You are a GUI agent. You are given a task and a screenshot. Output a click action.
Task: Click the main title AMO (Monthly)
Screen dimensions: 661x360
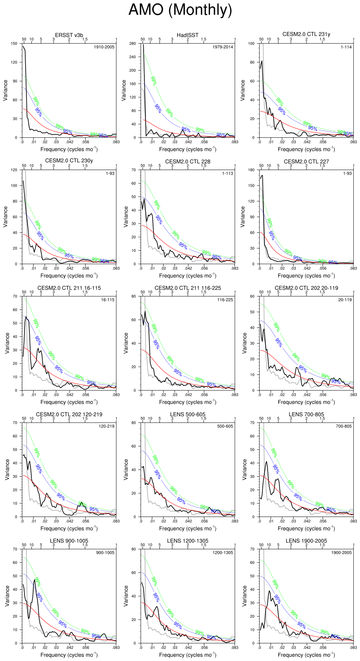(x=180, y=10)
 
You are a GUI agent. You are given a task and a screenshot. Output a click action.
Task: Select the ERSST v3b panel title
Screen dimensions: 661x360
(x=69, y=35)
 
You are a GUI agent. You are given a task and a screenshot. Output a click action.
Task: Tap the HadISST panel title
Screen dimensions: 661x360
(x=187, y=35)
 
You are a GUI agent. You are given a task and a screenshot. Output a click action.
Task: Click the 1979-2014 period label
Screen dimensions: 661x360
(x=222, y=47)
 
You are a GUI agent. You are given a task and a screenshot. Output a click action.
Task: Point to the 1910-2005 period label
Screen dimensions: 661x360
(x=104, y=47)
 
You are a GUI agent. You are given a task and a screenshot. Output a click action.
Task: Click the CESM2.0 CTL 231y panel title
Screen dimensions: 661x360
(x=306, y=34)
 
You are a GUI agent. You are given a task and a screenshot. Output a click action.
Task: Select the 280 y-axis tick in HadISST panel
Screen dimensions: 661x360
(x=132, y=43)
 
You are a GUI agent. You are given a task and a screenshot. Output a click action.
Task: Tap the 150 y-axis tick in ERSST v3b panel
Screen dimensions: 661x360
(x=14, y=43)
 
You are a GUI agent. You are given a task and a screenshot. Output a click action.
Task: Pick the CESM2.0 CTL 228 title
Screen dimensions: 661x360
(x=188, y=161)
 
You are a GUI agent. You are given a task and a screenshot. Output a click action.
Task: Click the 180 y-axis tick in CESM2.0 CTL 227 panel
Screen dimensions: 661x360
(x=251, y=170)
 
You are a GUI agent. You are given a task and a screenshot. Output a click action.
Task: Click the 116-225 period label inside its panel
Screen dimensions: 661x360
(x=225, y=300)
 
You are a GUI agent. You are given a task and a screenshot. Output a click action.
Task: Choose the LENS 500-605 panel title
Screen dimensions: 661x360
(x=188, y=414)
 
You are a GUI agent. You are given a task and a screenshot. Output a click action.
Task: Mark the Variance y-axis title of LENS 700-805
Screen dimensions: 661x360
(x=244, y=469)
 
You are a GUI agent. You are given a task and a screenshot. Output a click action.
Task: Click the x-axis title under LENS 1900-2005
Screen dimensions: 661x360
(x=306, y=655)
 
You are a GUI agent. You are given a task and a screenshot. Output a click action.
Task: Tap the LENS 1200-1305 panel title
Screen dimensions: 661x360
(x=188, y=541)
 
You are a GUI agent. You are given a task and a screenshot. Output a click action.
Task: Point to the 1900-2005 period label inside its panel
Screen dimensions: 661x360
(x=341, y=553)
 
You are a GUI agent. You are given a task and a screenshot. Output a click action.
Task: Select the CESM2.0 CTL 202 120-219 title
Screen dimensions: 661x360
(x=69, y=414)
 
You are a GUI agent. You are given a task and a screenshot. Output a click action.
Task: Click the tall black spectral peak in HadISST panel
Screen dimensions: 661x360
(x=144, y=47)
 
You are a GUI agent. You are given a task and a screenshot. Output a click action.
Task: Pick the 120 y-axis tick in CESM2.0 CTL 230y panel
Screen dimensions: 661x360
(x=14, y=170)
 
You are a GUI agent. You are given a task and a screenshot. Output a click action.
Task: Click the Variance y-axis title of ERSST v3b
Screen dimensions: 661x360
(x=5, y=90)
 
